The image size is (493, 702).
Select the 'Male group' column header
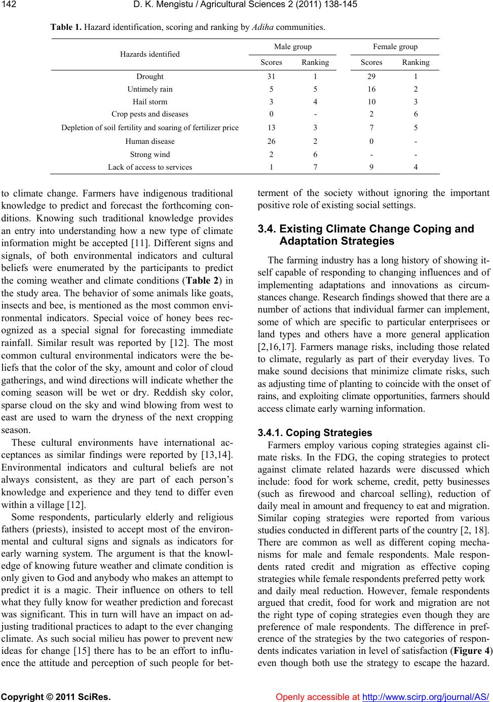pyautogui.click(x=293, y=47)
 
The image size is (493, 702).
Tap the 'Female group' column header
pyautogui.click(x=395, y=47)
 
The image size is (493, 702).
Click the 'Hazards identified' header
pyautogui.click(x=150, y=54)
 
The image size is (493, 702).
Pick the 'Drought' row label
pyautogui.click(x=150, y=77)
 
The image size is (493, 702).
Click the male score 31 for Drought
pyautogui.click(x=271, y=77)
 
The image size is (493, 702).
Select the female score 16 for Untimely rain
pyautogui.click(x=371, y=89)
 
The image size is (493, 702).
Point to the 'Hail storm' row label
pyautogui.click(x=150, y=101)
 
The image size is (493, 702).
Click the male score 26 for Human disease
pyautogui.click(x=271, y=141)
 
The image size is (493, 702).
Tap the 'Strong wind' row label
pyautogui.click(x=150, y=154)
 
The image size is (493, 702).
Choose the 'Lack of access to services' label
pyautogui.click(x=150, y=167)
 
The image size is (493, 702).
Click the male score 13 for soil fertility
pyautogui.click(x=271, y=128)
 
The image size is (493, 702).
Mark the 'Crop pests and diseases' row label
pyautogui.click(x=150, y=114)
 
